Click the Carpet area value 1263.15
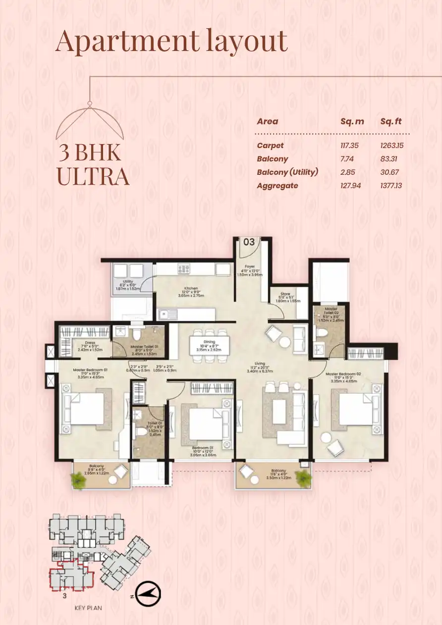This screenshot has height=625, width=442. [x=392, y=146]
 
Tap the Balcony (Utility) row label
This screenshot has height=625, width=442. [x=287, y=172]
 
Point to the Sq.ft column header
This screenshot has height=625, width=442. [x=391, y=121]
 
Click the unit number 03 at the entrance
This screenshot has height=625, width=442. [x=249, y=242]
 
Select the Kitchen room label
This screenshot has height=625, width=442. [x=191, y=288]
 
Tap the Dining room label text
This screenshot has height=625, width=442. [x=209, y=342]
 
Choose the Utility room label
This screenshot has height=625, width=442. [x=127, y=281]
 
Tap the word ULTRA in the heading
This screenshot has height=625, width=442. [x=93, y=177]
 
